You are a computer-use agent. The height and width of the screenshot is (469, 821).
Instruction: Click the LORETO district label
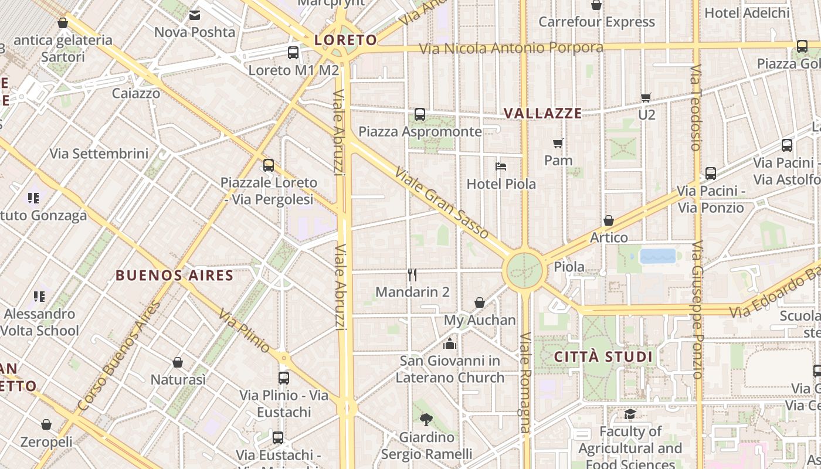click(x=345, y=40)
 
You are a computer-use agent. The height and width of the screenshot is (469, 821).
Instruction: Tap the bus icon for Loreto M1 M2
click(x=293, y=53)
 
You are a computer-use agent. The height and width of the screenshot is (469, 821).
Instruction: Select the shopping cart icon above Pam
click(x=558, y=143)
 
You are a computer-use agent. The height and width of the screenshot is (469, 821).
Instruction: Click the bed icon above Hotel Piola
click(x=501, y=166)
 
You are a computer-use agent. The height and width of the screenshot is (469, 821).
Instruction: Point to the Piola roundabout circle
click(x=524, y=270)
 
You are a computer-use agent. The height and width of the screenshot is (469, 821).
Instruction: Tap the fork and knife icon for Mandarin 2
click(x=412, y=274)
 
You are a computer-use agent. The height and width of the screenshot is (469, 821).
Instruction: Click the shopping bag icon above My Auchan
click(x=480, y=303)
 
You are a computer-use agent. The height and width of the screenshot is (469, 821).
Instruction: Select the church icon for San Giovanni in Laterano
click(x=450, y=343)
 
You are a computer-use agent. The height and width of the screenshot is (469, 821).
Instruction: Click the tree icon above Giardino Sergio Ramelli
click(x=426, y=420)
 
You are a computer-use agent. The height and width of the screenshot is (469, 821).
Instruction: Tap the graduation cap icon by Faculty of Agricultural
click(x=630, y=414)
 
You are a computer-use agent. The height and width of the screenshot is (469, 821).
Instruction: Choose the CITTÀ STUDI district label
click(x=603, y=357)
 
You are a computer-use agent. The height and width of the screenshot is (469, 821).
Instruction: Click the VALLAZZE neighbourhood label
click(x=543, y=114)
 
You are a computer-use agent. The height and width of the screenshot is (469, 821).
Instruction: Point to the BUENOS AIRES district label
click(x=175, y=275)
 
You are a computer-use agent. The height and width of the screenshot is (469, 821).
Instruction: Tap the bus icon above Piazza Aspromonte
click(x=420, y=114)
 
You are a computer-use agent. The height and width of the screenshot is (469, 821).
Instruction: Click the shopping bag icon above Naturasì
click(x=178, y=362)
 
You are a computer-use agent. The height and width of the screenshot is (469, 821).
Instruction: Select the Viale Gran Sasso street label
click(x=442, y=203)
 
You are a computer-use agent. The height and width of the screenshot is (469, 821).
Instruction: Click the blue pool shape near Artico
click(x=658, y=256)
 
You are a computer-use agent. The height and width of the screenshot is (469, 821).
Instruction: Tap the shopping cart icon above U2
click(x=646, y=97)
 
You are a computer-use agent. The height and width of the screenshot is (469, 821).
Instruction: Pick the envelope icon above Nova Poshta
click(x=195, y=15)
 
